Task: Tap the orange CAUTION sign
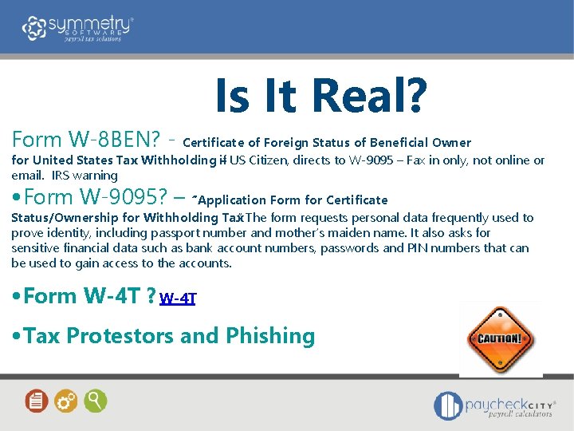click(x=500, y=338)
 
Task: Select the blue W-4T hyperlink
click(x=177, y=299)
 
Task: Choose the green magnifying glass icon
click(x=95, y=400)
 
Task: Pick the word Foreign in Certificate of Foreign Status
click(x=284, y=143)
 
